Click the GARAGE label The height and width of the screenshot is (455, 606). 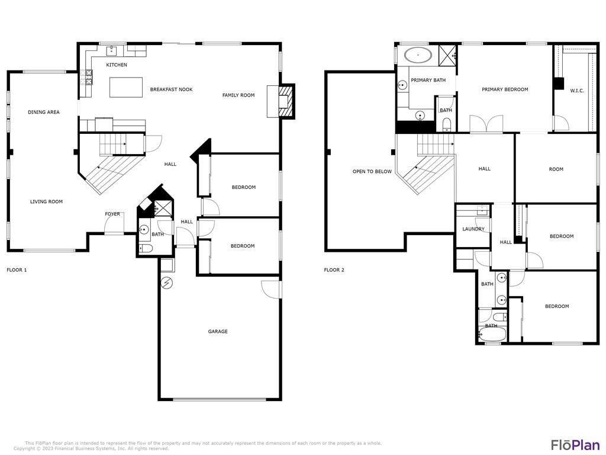point(218,331)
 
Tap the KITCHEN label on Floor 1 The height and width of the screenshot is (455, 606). point(117,65)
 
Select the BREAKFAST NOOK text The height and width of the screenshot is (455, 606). point(171,89)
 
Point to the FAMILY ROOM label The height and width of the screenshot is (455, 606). point(238,95)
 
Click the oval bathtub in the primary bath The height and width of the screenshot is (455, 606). point(418,55)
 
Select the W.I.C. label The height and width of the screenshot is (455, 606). point(577,91)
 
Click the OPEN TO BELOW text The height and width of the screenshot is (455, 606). point(372,171)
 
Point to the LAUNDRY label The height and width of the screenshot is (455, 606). point(473,229)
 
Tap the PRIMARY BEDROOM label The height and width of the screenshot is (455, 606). point(505,89)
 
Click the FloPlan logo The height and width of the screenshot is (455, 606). point(575,444)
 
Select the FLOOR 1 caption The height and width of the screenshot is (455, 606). point(17,270)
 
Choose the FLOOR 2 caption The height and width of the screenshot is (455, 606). point(334,270)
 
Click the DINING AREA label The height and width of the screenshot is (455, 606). point(44,112)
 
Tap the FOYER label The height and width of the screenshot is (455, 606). point(112,214)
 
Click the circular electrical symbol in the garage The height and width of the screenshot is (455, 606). point(167,284)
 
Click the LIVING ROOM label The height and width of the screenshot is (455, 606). point(46,201)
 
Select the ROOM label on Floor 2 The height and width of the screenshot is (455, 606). point(556,169)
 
